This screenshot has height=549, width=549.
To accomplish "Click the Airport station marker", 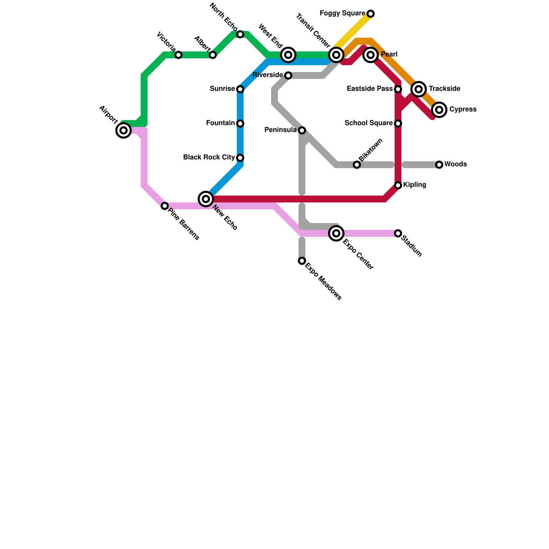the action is [124, 130].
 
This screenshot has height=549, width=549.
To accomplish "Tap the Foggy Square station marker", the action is [371, 14].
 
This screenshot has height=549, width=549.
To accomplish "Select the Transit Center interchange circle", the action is [336, 55].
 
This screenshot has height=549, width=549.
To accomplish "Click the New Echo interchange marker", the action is [206, 199].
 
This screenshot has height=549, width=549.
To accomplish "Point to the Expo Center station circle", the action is [336, 233].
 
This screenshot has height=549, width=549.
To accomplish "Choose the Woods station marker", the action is [439, 165].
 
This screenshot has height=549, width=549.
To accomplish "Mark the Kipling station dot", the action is [398, 185].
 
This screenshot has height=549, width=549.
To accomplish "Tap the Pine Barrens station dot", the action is [165, 206].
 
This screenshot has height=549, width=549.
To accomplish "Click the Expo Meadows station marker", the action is [302, 261].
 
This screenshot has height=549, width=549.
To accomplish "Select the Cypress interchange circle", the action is [439, 110].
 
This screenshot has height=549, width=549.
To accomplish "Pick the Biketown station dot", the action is [357, 165].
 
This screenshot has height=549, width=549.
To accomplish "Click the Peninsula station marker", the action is [302, 130].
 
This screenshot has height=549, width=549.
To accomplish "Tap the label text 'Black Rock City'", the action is [209, 157].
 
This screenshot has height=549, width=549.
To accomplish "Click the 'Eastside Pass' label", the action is [370, 89].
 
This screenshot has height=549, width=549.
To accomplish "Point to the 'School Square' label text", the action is [369, 123].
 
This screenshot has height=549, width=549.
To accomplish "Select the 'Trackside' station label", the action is [444, 89].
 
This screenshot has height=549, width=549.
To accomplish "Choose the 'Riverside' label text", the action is [268, 75].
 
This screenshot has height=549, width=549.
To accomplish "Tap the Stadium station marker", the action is [398, 233].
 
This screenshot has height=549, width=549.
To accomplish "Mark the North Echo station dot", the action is [240, 34].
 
